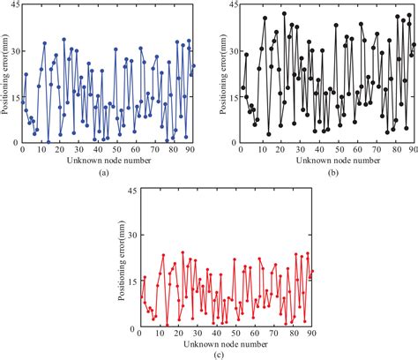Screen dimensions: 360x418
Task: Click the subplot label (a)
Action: (104, 173)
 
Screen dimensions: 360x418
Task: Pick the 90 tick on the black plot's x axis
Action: (414, 150)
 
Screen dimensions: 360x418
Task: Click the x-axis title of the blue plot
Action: (106, 161)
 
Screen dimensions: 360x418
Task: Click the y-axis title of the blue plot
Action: (5, 74)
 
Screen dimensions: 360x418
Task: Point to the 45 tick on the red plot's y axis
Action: (128, 190)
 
